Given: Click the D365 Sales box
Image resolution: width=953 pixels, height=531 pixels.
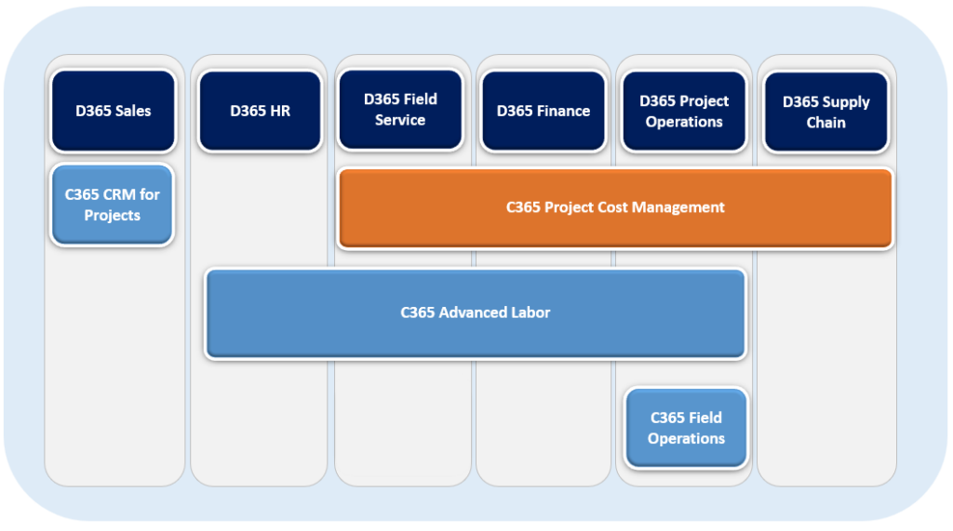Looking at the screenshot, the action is [x=114, y=111].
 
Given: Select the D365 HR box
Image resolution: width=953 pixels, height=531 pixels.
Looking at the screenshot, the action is [x=261, y=111].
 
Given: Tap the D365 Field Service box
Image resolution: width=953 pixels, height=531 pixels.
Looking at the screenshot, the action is [x=400, y=110].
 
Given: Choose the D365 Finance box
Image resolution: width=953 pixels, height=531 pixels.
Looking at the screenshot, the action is [x=544, y=111].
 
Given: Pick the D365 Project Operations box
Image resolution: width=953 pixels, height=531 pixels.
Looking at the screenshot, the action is [x=684, y=111].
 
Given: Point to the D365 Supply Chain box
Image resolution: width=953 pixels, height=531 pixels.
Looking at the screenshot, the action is [x=826, y=112].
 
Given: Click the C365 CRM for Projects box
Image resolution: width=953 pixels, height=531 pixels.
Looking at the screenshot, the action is [x=113, y=205].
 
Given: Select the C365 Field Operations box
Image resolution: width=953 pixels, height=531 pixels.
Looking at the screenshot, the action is [x=686, y=428].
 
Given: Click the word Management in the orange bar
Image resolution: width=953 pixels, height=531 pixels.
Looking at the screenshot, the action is [x=678, y=207].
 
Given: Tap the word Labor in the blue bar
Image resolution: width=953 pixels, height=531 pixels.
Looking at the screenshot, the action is [x=531, y=312].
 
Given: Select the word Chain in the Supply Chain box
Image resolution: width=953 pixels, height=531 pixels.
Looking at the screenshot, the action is [x=826, y=122].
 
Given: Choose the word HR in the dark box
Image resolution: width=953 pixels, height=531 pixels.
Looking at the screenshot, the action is [x=279, y=111].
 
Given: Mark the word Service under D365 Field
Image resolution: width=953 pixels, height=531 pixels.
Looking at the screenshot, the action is [x=400, y=120].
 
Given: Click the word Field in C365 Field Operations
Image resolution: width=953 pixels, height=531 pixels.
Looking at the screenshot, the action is [x=705, y=418].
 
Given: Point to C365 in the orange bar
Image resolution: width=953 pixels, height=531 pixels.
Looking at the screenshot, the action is [x=523, y=207].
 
